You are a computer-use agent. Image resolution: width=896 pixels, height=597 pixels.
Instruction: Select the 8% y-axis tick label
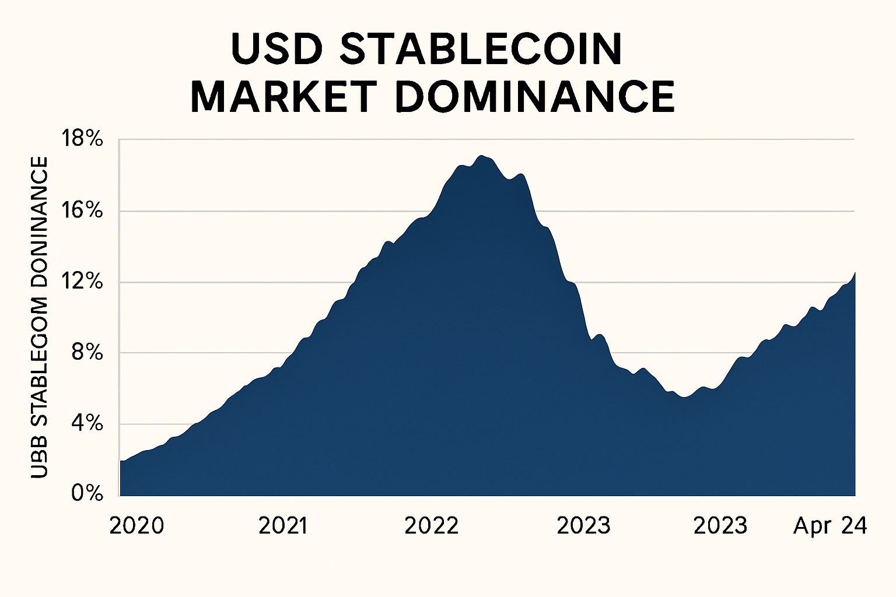87,353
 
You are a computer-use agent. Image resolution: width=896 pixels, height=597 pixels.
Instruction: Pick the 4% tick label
87,424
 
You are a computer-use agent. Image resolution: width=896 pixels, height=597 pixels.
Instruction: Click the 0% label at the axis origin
87,494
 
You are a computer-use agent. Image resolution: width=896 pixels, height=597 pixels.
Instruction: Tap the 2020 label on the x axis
136,526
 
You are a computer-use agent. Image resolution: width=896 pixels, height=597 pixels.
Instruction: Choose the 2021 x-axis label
283,526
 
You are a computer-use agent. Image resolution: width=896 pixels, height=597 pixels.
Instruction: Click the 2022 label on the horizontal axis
432,526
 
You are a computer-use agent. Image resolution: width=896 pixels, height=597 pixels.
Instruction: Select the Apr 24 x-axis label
830,526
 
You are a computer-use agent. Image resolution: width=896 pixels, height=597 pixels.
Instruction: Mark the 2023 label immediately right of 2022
583,526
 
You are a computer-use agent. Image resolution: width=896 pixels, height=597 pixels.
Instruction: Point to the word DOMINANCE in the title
535,97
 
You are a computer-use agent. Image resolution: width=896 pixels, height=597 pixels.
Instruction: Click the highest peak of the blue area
481,156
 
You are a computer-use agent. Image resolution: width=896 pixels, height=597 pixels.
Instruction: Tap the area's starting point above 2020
121,461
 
